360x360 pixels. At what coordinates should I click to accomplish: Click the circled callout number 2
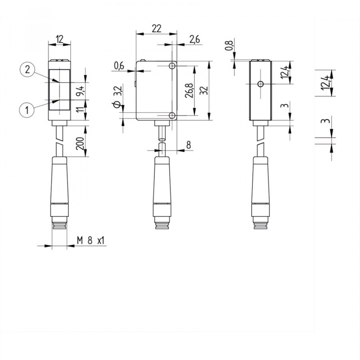click(x=27, y=69)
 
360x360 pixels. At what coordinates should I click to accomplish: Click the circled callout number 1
click(x=27, y=110)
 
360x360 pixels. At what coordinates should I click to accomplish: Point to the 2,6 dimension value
click(x=194, y=40)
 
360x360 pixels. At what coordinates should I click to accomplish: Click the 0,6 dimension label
click(x=119, y=66)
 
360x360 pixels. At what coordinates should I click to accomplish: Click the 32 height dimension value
click(x=204, y=90)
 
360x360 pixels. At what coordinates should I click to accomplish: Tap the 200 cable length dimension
click(x=80, y=144)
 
